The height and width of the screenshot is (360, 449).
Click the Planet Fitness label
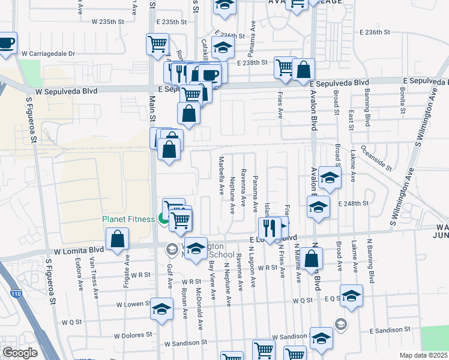click(128, 219)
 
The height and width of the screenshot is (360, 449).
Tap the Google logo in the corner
click(20, 353)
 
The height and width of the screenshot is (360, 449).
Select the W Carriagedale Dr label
click(48, 53)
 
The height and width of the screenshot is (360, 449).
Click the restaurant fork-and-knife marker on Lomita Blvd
click(268, 227)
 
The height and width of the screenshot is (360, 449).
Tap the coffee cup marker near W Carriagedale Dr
click(6, 43)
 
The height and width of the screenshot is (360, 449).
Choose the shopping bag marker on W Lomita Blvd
click(118, 239)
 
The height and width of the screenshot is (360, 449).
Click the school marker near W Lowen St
click(161, 308)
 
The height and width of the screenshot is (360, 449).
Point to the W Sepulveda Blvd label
click(66, 91)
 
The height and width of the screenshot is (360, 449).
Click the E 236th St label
click(374, 32)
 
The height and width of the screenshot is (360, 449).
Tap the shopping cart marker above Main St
click(157, 43)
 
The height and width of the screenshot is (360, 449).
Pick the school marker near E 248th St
click(318, 207)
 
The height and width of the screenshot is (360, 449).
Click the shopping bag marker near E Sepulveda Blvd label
click(304, 70)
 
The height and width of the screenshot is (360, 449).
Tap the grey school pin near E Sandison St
click(340, 324)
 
